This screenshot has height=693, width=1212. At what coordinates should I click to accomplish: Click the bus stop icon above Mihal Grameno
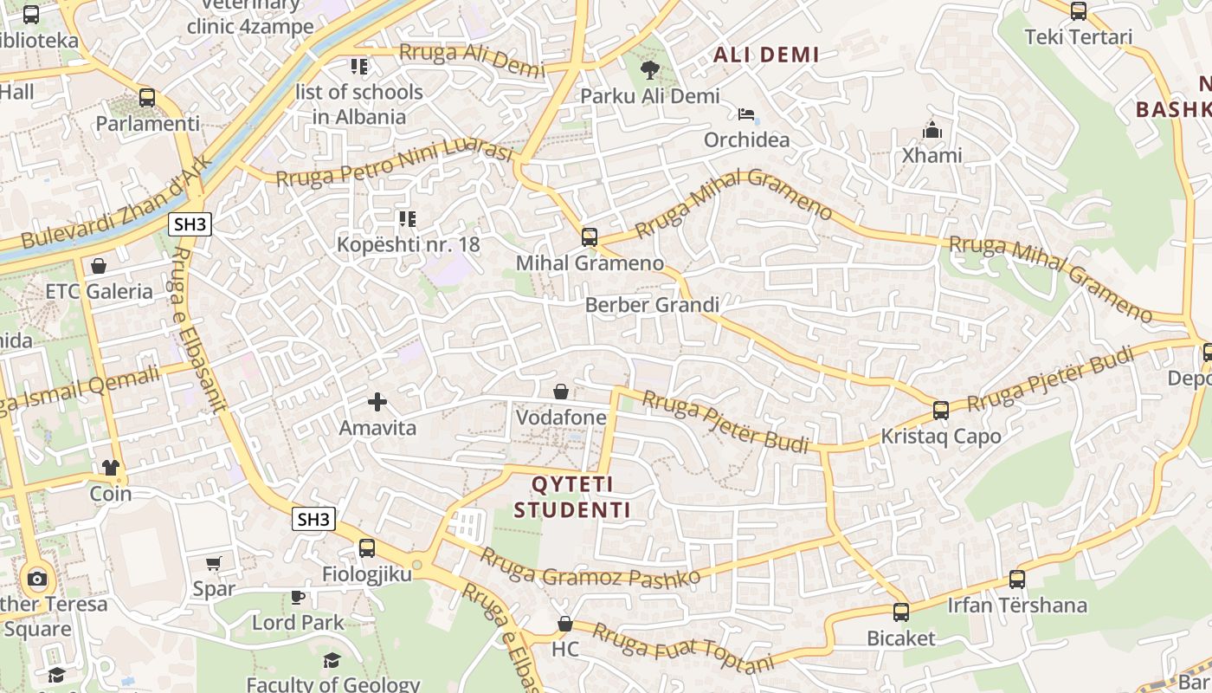(590, 236)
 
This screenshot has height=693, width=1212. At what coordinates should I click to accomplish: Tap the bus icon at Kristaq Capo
(941, 410)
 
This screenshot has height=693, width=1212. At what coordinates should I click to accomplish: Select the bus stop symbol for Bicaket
(901, 612)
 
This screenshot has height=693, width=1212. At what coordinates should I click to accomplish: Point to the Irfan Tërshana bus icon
(1017, 579)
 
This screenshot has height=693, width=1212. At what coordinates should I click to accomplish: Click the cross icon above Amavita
(377, 402)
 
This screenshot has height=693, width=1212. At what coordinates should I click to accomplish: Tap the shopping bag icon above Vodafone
(561, 392)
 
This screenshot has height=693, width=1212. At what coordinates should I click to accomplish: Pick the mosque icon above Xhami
(932, 130)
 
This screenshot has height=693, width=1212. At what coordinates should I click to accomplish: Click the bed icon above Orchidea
(746, 114)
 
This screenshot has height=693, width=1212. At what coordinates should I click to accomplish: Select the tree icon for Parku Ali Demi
(649, 70)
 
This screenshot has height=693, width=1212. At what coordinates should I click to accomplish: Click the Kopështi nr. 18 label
(408, 244)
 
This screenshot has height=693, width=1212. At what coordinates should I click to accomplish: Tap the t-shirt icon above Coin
(111, 468)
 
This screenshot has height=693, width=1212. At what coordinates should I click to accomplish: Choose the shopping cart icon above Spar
(214, 563)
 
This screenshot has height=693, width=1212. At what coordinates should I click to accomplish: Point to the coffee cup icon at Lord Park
(298, 596)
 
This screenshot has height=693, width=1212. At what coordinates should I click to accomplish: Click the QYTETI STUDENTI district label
(572, 496)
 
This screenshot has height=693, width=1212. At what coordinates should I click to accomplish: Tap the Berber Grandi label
(652, 305)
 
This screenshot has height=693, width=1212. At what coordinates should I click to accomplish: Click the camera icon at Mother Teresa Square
(36, 579)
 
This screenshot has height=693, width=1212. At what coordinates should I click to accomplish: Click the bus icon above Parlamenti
(147, 97)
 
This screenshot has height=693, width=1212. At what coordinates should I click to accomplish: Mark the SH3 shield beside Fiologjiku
(313, 519)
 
